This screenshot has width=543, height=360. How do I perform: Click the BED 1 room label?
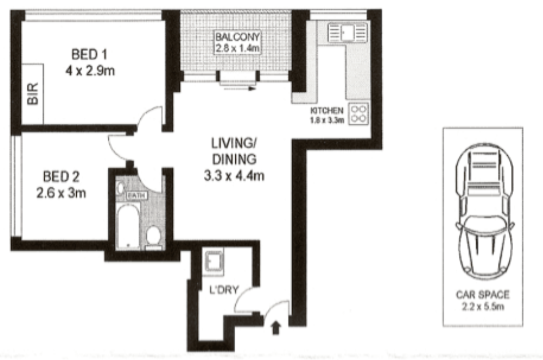pyautogui.click(x=90, y=55)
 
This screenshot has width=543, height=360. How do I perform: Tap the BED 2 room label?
pyautogui.click(x=61, y=177)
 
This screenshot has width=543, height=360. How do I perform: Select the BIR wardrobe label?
pyautogui.click(x=33, y=93)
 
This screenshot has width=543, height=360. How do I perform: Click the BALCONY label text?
pyautogui.click(x=237, y=37)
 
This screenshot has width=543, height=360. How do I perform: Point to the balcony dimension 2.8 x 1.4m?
pyautogui.click(x=237, y=48)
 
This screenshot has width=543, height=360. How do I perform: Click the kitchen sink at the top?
pyautogui.click(x=347, y=33)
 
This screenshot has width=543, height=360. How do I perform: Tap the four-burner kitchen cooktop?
pyautogui.click(x=358, y=114)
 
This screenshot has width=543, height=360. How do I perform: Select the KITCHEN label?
pyautogui.click(x=327, y=111)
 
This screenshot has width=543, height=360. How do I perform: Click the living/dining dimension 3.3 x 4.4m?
pyautogui.click(x=234, y=176)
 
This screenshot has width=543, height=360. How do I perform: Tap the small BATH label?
pyautogui.click(x=137, y=196)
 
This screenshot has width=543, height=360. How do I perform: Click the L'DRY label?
pyautogui.click(x=224, y=290)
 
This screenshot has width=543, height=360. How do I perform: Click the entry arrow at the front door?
pyautogui.click(x=276, y=328)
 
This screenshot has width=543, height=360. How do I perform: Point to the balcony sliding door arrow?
pyautogui.click(x=239, y=89)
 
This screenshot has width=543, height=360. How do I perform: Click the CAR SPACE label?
pyautogui.click(x=483, y=294)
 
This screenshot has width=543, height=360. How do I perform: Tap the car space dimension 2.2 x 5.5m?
pyautogui.click(x=483, y=306)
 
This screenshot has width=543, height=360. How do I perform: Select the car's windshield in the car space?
pyautogui.click(x=484, y=225)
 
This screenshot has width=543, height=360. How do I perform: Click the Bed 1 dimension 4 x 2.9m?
pyautogui.click(x=90, y=71)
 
